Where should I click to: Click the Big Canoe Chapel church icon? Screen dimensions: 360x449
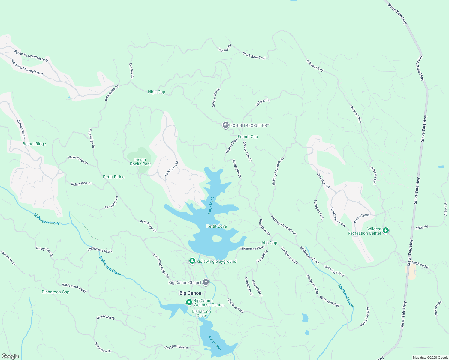206,282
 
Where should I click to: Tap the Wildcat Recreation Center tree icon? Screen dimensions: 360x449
386,230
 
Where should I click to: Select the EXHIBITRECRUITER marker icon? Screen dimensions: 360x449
225,125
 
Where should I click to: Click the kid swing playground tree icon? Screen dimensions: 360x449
192,261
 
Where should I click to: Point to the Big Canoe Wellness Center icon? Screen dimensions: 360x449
189,302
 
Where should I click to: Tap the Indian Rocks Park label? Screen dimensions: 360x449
140,162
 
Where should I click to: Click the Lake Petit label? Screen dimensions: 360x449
211,205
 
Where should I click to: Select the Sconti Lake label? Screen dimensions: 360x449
214,341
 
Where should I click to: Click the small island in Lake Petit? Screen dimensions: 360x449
217,239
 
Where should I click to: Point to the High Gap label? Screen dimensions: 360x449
156,92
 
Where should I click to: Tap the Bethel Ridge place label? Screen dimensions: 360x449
34,144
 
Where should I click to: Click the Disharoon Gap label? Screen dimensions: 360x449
56,292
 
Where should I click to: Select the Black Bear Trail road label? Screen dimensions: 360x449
254,55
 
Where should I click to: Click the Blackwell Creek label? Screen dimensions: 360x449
346,296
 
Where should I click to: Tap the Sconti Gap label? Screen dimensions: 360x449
248,136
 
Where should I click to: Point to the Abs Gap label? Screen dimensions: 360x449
269,243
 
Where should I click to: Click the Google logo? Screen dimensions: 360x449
10,356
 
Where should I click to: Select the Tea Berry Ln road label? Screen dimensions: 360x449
111,203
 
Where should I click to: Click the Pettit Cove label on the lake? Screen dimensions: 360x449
216,226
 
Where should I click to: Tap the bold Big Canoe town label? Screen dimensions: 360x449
190,293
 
